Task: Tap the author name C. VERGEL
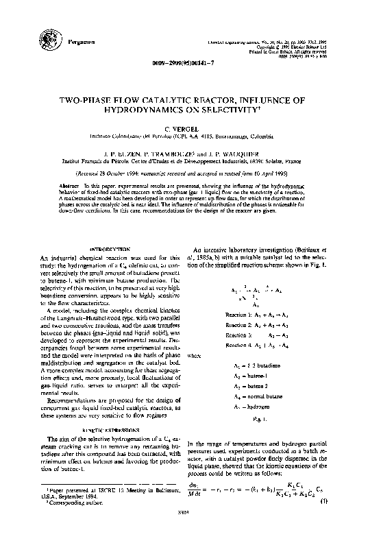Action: tap(184, 128)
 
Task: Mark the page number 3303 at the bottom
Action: tap(184, 530)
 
